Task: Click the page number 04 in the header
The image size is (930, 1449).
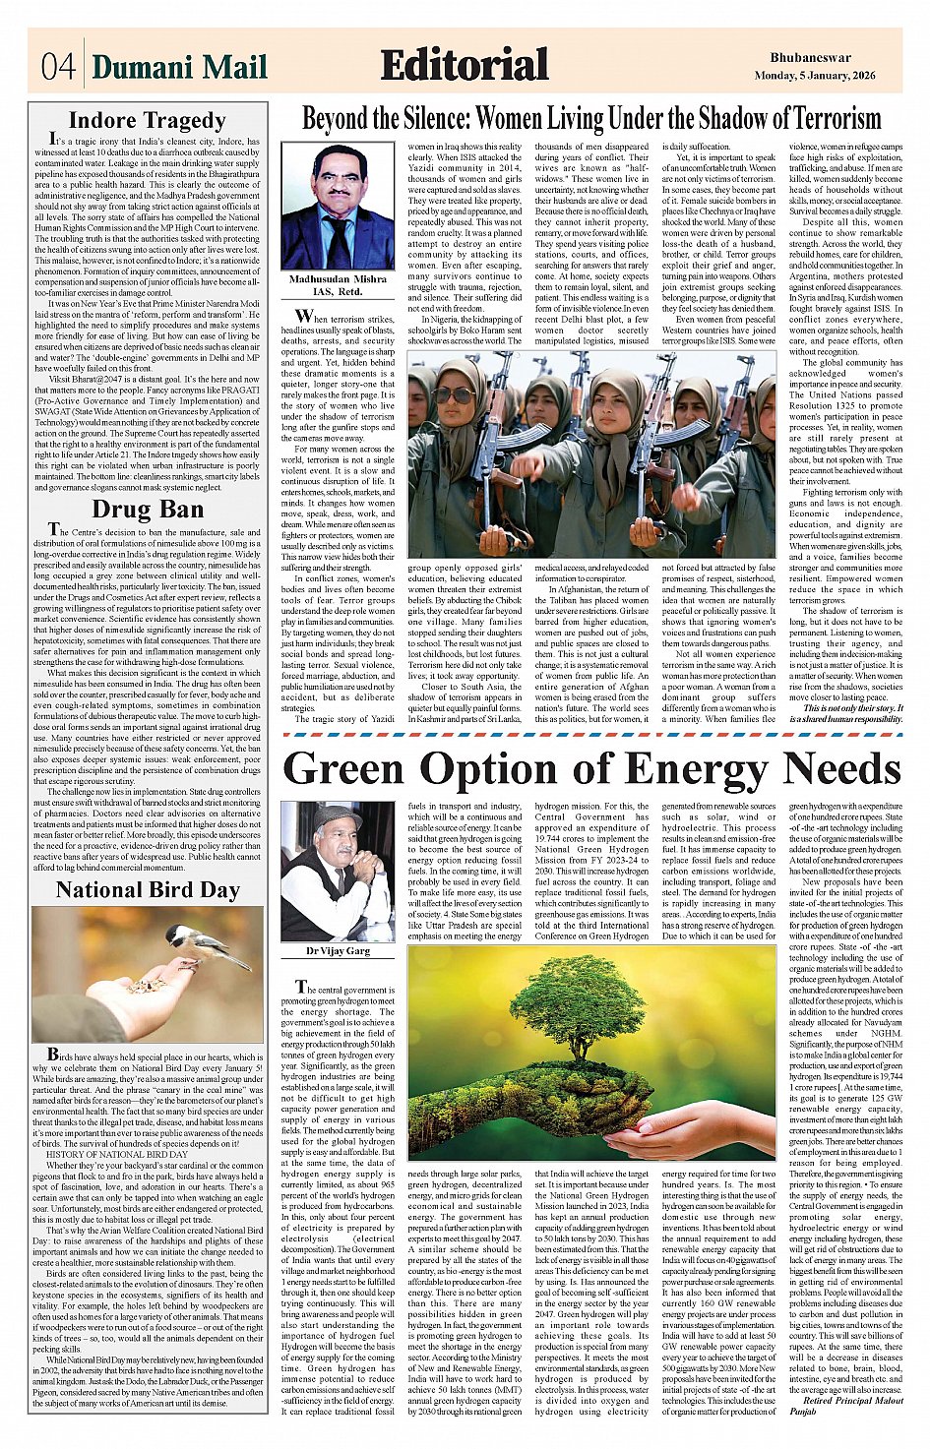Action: (x=57, y=67)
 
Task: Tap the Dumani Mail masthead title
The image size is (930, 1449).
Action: (x=179, y=67)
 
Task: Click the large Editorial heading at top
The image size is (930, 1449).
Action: (x=464, y=66)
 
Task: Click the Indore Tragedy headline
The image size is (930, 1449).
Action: (x=148, y=121)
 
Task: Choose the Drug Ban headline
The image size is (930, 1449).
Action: (x=148, y=510)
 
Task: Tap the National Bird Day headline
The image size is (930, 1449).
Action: (x=148, y=890)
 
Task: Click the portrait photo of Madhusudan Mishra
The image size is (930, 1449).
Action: (x=337, y=206)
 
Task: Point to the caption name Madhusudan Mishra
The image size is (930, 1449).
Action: (x=338, y=279)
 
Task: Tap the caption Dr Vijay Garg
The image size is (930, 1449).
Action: (x=338, y=951)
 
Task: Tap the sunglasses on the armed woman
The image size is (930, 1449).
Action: (x=453, y=394)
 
